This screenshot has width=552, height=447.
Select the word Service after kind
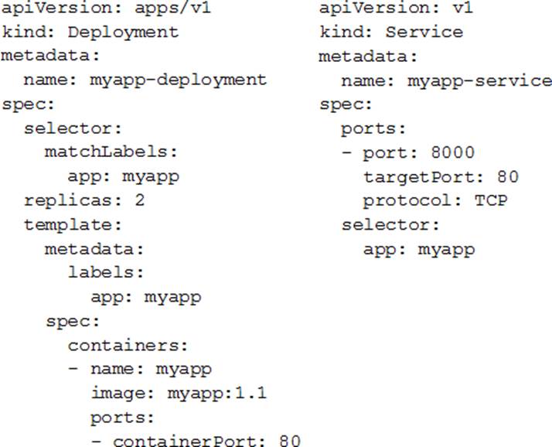click(424, 32)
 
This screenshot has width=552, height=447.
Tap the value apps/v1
click(173, 8)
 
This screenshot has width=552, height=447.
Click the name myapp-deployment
click(178, 80)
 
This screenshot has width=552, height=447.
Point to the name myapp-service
click(480, 81)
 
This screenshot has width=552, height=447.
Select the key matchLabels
click(107, 152)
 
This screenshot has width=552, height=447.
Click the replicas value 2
click(140, 200)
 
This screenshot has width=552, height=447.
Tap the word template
click(68, 225)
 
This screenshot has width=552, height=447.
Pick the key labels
click(101, 272)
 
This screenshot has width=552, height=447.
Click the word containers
click(124, 345)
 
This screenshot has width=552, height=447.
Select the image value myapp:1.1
click(216, 393)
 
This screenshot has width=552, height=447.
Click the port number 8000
click(453, 152)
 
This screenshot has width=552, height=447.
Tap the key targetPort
click(418, 177)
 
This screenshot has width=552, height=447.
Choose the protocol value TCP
click(491, 200)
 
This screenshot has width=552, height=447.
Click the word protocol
click(407, 201)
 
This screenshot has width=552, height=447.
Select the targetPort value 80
click(508, 176)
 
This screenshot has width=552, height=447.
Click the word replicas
click(68, 201)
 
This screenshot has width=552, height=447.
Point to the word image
click(118, 394)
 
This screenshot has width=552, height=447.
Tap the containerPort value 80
click(290, 441)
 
